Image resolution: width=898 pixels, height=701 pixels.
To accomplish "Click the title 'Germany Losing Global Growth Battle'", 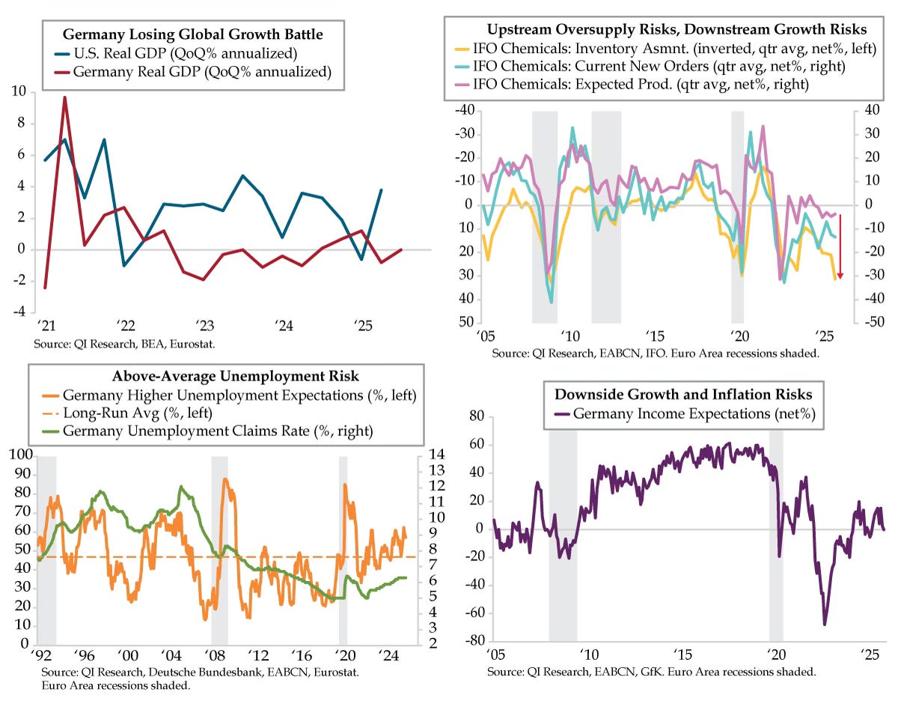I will (193, 34).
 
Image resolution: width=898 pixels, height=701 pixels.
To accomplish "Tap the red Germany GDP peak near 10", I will (64, 97).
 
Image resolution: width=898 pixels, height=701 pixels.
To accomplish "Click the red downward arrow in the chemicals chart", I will (840, 247).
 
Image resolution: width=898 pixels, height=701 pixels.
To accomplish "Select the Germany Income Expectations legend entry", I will (688, 413).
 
